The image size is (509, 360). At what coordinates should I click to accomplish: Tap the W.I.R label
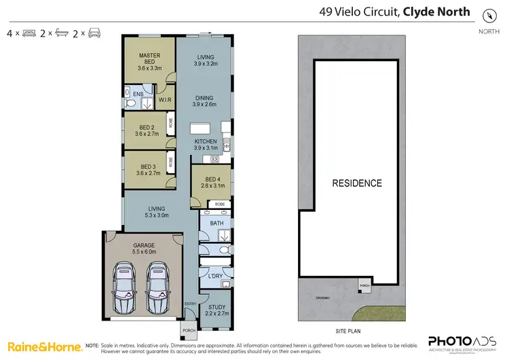point(165,101)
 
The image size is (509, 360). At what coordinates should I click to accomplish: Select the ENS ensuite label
point(138,94)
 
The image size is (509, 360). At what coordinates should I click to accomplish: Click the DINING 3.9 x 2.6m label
point(205,101)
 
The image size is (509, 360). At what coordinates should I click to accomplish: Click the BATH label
point(216,223)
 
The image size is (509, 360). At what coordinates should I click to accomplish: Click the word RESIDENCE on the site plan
point(356,183)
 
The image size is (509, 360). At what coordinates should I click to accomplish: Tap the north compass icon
point(488,16)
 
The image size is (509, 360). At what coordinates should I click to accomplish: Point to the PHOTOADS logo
point(459,343)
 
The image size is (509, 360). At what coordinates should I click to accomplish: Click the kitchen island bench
point(200,128)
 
